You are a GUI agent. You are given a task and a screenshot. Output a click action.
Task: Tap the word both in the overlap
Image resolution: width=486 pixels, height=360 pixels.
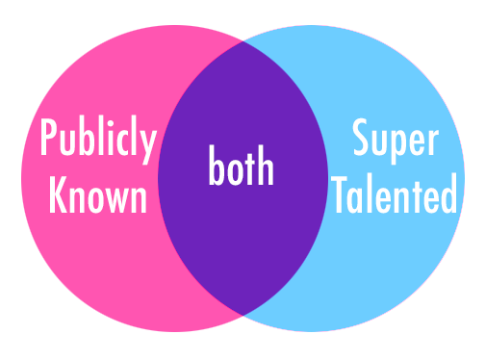coord(242,168)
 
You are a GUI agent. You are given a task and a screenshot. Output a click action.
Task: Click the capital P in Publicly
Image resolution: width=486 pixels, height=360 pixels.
coord(48,141)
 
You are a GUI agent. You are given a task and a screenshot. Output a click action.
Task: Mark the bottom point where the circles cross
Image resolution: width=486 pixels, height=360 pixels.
coord(243,313)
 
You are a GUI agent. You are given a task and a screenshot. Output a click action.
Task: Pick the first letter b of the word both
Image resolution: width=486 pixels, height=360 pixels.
coord(217,168)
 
